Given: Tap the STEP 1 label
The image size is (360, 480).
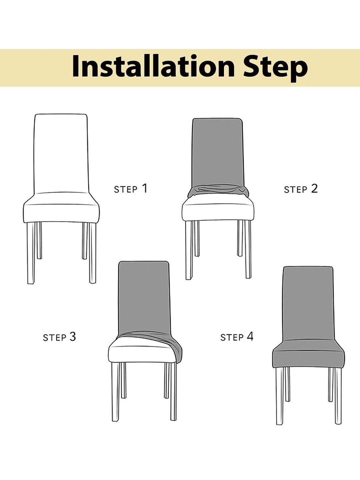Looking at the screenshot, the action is coord(131,188).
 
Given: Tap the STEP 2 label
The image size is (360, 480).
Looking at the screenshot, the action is coord(301,189).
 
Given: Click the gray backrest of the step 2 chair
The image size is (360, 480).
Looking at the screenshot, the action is coord(217,153).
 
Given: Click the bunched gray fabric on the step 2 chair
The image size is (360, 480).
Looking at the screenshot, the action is coord(218,192).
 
